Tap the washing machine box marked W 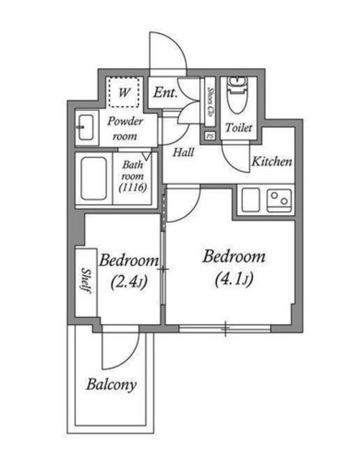pyautogui.click(x=124, y=92)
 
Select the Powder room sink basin pyautogui.click(x=86, y=127)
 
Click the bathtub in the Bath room pyautogui.click(x=93, y=179)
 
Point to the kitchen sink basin pyautogui.click(x=251, y=200)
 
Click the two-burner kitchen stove pyautogui.click(x=280, y=201)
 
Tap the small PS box pyautogui.click(x=210, y=136)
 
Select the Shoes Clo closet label pyautogui.click(x=210, y=101)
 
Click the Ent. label pyautogui.click(x=165, y=93)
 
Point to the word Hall pyautogui.click(x=183, y=152)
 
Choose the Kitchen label pyautogui.click(x=272, y=162)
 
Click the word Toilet pyautogui.click(x=239, y=128)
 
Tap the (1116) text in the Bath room pyautogui.click(x=133, y=187)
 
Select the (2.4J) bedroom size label pyautogui.click(x=129, y=282)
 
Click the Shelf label pyautogui.click(x=86, y=280)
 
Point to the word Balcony pyautogui.click(x=111, y=385)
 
